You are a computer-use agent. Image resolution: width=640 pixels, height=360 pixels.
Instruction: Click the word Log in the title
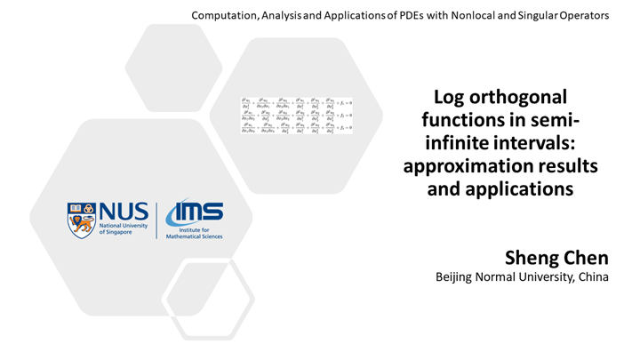pos(450,98)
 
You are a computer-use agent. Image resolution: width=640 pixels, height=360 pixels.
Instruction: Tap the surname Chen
pos(588,258)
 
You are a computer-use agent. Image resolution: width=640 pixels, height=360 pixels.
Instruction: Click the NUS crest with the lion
pos(81,219)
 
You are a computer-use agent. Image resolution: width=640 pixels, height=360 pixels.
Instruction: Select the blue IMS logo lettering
pos(196,212)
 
